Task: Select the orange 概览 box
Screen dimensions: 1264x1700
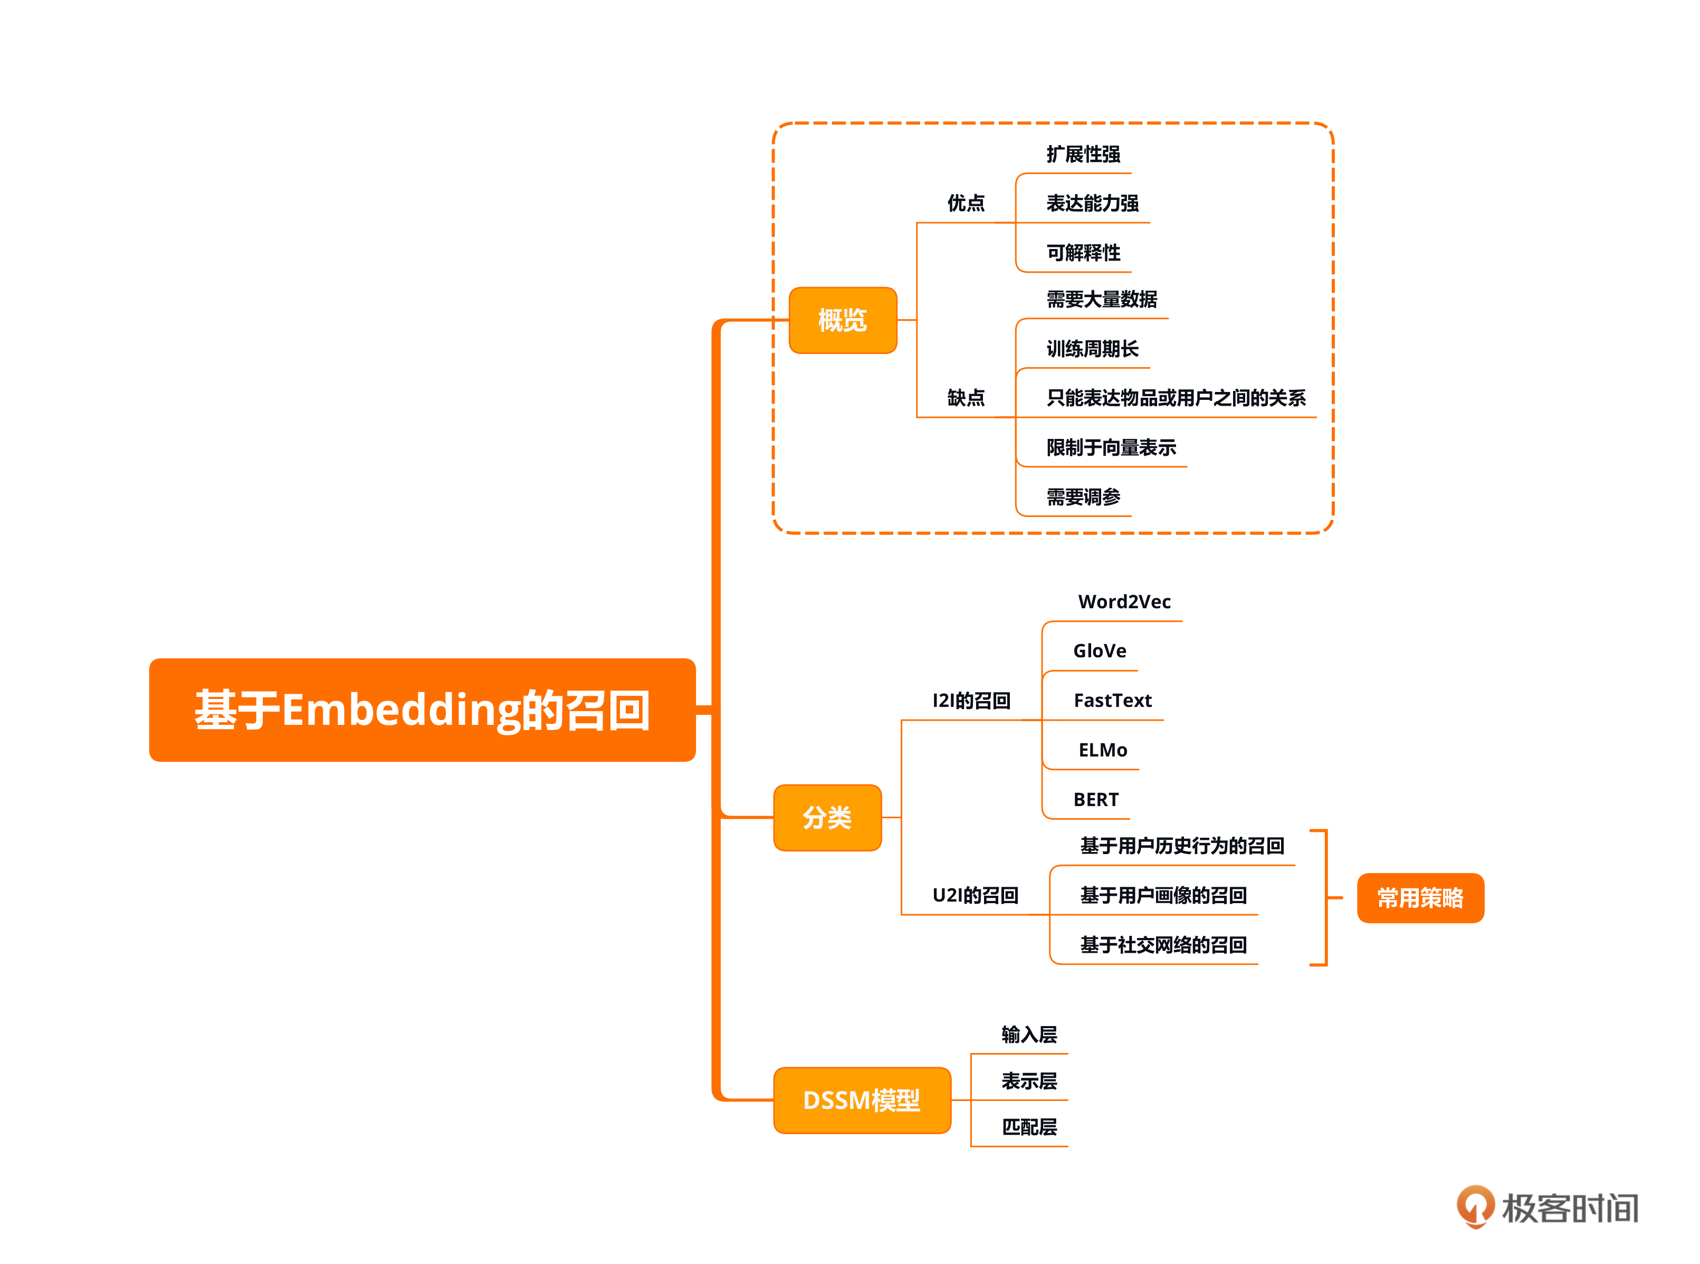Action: [x=842, y=320]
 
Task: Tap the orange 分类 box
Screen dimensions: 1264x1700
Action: [x=827, y=817]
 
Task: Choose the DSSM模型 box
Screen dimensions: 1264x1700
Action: [x=862, y=1099]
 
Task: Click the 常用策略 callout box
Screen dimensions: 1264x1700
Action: [x=1419, y=897]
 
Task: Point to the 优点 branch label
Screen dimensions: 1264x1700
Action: [x=966, y=203]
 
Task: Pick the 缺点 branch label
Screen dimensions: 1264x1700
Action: [x=966, y=398]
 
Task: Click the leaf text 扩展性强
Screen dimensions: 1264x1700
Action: [x=1083, y=155]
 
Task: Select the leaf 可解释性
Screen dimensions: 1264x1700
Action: [x=1083, y=253]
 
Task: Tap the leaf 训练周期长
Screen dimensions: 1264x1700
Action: [x=1092, y=349]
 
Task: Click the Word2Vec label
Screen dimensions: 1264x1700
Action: [x=1124, y=601]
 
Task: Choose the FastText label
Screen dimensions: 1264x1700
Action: [x=1112, y=700]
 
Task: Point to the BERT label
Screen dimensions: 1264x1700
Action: [x=1095, y=800]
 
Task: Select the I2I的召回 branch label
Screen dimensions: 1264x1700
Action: [x=971, y=700]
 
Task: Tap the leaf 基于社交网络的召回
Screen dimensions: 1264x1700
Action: [x=1163, y=945]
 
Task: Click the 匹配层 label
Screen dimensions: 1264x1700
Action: [x=1029, y=1127]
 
